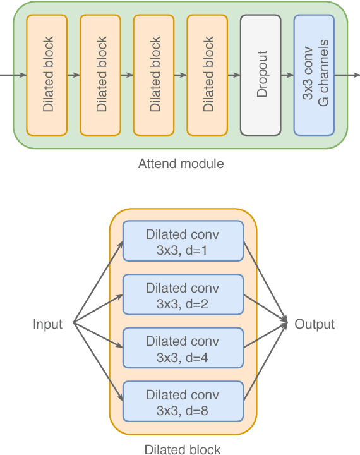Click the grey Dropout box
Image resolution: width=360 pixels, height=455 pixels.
260,75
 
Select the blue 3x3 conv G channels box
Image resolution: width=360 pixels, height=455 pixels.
314,75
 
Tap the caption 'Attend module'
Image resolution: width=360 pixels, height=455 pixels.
181,164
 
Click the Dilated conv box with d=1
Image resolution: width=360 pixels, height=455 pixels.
183,241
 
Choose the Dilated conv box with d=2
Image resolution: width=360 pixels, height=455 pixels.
183,295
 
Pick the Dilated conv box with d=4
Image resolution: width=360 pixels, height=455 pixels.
183,348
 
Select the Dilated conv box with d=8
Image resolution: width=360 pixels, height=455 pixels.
183,402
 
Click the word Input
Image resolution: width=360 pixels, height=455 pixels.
48,325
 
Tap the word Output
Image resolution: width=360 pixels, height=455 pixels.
315,325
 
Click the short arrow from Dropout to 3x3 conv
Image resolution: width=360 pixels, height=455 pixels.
287,75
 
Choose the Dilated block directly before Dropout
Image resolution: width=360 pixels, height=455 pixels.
207,75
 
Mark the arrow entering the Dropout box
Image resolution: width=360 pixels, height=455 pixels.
234,75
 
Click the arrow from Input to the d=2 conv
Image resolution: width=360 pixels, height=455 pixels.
98,310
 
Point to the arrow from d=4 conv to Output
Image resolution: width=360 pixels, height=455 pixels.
266,336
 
